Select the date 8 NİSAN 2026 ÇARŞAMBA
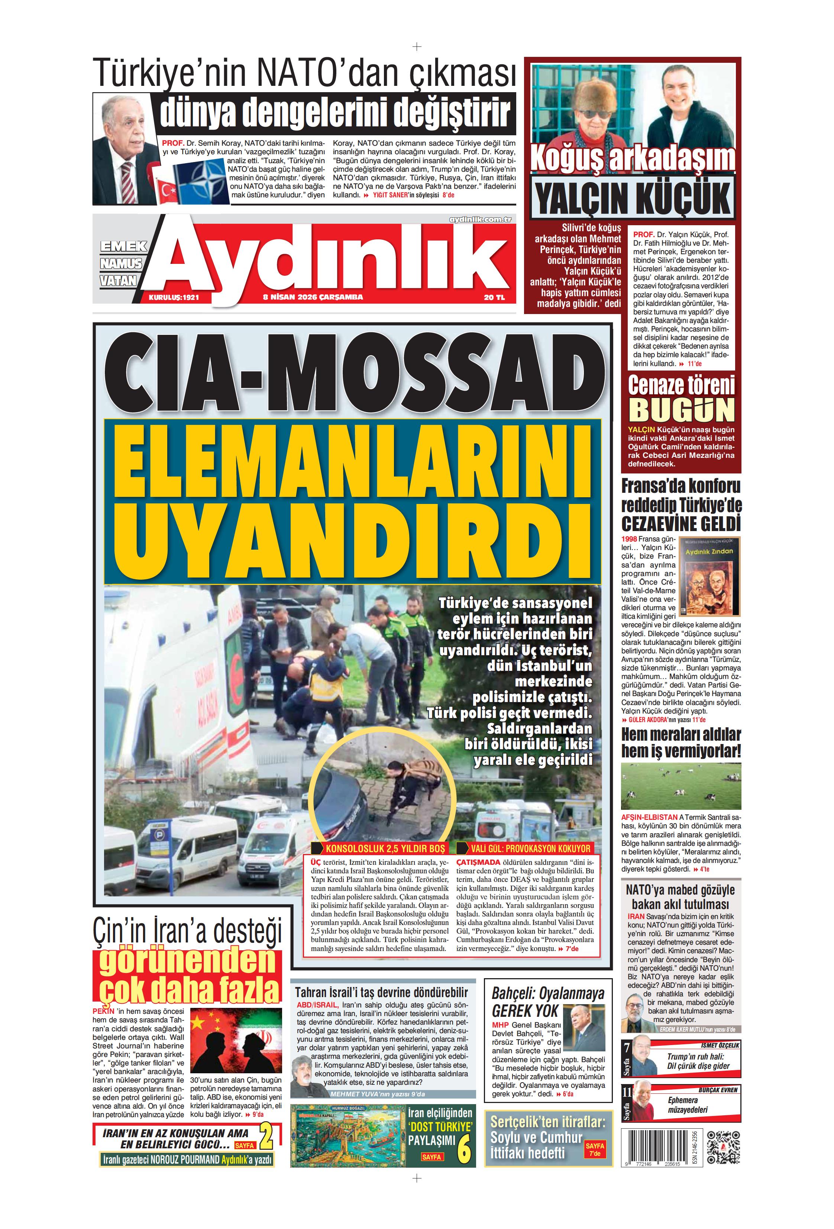313,297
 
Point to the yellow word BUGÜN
681,409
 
